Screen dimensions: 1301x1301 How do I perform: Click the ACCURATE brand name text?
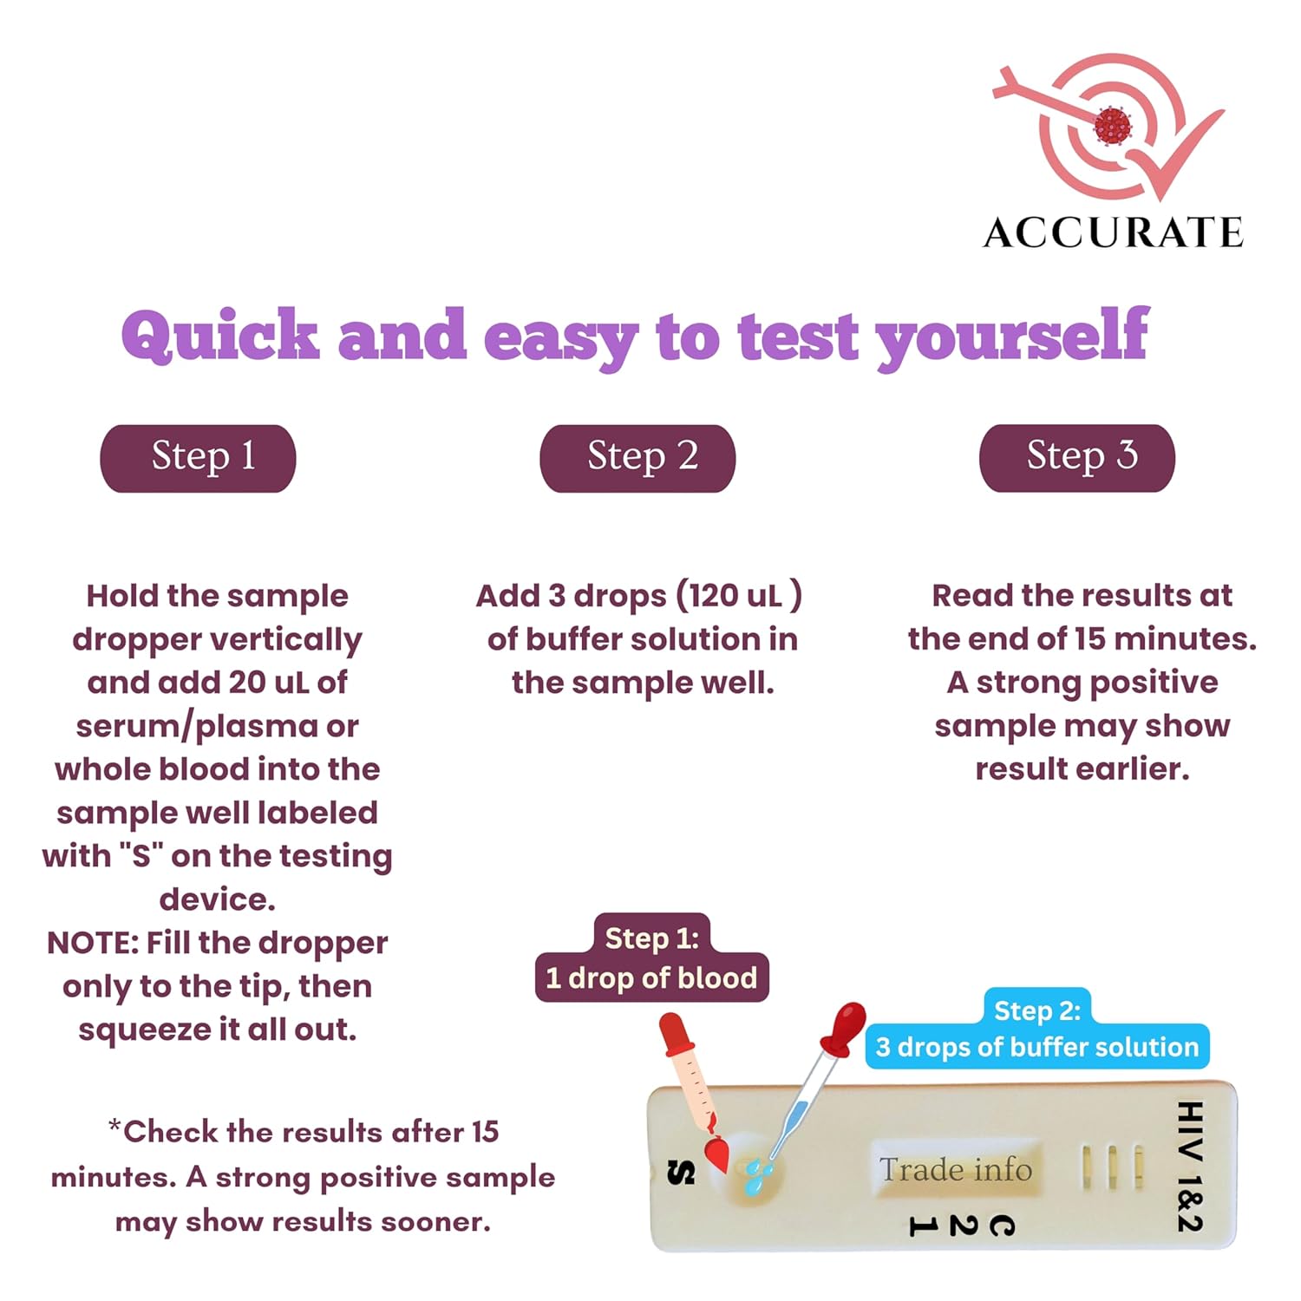(1114, 232)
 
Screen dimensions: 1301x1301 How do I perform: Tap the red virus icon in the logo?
(1112, 127)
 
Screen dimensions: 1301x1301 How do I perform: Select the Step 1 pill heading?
(199, 458)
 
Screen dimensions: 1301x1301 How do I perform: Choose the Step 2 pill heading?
(637, 458)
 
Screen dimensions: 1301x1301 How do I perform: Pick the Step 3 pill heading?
(1077, 458)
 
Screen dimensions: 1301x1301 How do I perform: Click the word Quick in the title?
(220, 337)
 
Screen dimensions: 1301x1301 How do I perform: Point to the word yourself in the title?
(1012, 338)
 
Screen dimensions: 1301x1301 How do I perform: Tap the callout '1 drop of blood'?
(651, 978)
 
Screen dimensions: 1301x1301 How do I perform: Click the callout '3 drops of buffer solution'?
(1037, 1047)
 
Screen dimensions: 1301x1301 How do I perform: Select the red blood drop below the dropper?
(716, 1154)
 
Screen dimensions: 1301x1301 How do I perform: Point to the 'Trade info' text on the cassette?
(956, 1169)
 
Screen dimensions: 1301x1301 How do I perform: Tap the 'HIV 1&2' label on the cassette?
(1190, 1166)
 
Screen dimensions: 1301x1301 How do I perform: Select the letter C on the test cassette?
(1002, 1226)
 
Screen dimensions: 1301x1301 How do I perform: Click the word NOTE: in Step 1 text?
(93, 943)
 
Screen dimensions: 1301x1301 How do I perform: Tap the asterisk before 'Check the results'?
(114, 1126)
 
